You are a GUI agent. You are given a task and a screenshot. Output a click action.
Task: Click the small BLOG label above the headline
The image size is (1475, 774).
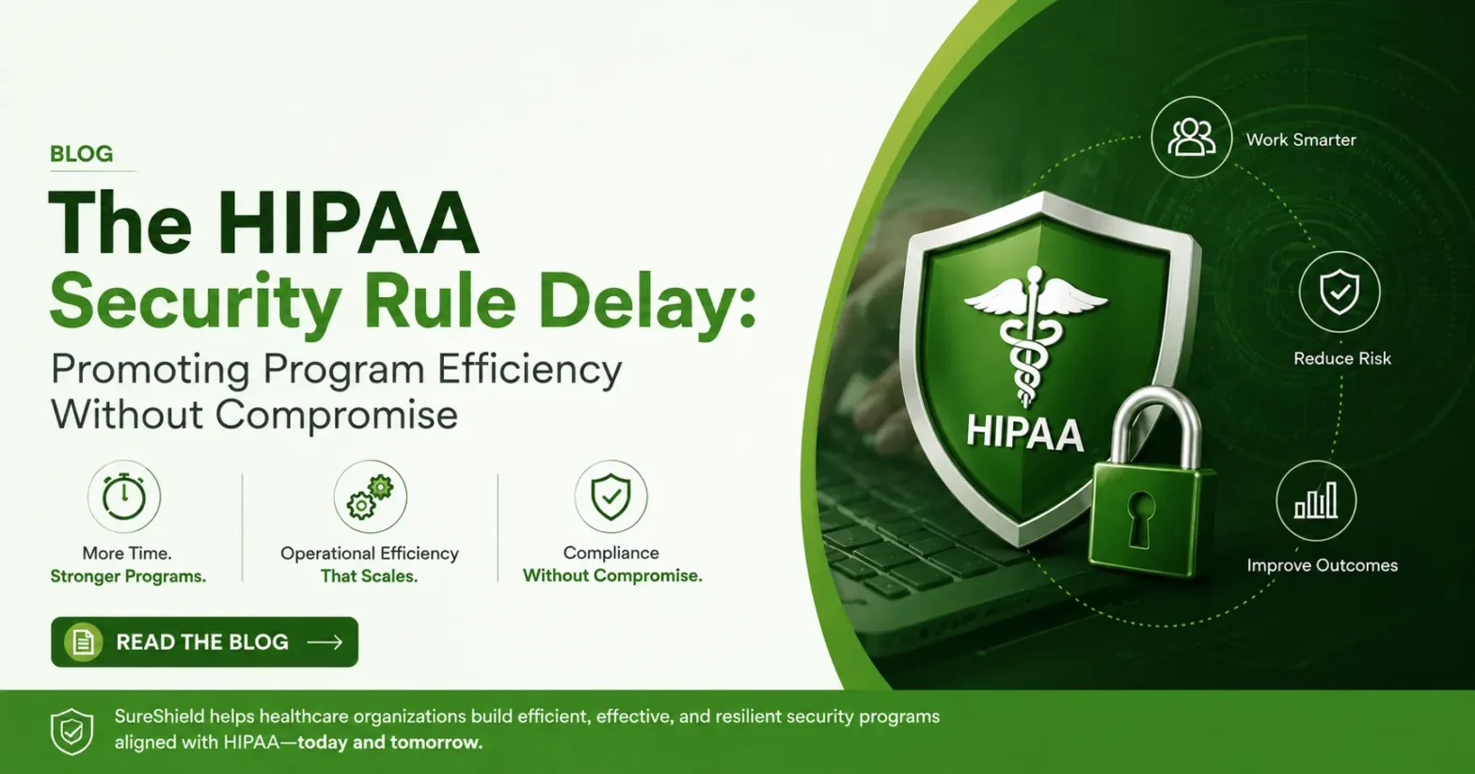pos(82,153)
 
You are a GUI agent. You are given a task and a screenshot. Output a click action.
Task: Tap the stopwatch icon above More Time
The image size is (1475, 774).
pos(124,496)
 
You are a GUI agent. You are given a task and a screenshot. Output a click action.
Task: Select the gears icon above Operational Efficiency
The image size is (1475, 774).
pos(370,497)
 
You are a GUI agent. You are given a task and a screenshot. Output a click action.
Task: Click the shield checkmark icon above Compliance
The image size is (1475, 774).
pos(611,497)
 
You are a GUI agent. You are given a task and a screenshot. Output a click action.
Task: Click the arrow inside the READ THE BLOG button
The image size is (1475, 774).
pos(325,641)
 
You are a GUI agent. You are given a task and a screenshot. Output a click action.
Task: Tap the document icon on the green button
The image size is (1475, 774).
pos(83,641)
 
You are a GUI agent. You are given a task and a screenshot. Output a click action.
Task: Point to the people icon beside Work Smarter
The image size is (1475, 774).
pos(1191,137)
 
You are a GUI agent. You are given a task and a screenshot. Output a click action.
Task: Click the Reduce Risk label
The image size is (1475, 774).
pos(1342,358)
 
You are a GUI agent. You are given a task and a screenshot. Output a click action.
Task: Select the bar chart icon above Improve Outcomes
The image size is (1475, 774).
pos(1316,501)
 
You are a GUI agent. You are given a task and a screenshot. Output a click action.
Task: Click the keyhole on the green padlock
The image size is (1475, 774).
pos(1140,517)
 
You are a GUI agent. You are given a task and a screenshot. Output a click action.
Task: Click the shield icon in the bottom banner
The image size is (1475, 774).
pos(71,732)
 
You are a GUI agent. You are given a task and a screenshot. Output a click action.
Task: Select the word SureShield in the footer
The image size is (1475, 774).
pos(169,716)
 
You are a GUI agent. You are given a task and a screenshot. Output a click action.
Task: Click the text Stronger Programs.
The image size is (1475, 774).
pos(128,577)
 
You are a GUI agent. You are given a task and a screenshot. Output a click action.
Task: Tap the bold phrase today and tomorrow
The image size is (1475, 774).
pos(390,742)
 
